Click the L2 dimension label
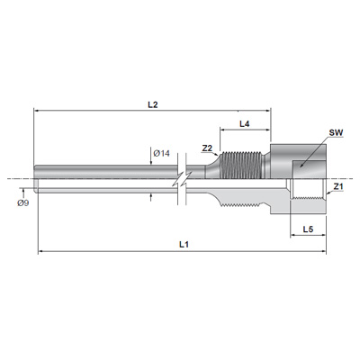(x=153, y=104)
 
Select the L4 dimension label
(x=245, y=123)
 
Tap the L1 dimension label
(x=184, y=245)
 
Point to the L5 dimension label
(x=308, y=229)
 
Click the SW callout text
(x=336, y=133)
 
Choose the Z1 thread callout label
(x=338, y=186)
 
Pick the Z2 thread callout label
(x=207, y=148)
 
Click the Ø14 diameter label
(x=162, y=154)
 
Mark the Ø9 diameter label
(x=22, y=203)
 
